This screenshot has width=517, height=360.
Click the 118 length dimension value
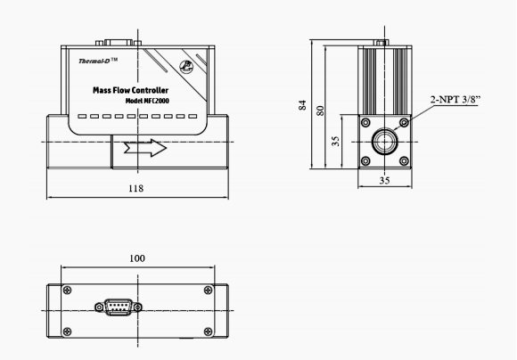(x=135, y=188)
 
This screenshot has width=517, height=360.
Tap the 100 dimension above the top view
(x=137, y=258)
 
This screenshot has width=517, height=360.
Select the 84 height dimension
(x=302, y=105)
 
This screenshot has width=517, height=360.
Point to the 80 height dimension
(x=320, y=110)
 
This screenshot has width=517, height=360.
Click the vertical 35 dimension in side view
(x=335, y=141)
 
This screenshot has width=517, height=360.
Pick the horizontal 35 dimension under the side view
(x=384, y=180)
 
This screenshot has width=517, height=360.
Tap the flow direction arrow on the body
(x=145, y=148)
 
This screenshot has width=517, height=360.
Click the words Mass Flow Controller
(x=130, y=90)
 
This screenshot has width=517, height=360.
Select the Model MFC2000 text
(x=147, y=101)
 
